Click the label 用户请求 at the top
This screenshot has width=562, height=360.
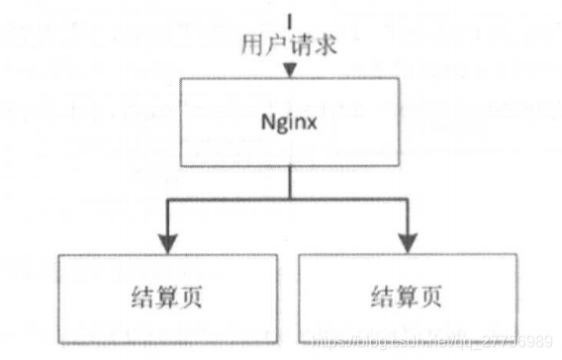288,44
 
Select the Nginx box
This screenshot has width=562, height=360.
289,123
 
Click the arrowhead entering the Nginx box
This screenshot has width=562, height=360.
289,71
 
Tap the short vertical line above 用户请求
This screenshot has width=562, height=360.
289,18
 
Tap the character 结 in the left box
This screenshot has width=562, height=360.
145,296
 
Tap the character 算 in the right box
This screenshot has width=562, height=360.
406,296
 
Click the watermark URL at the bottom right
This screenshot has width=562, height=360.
435,340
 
